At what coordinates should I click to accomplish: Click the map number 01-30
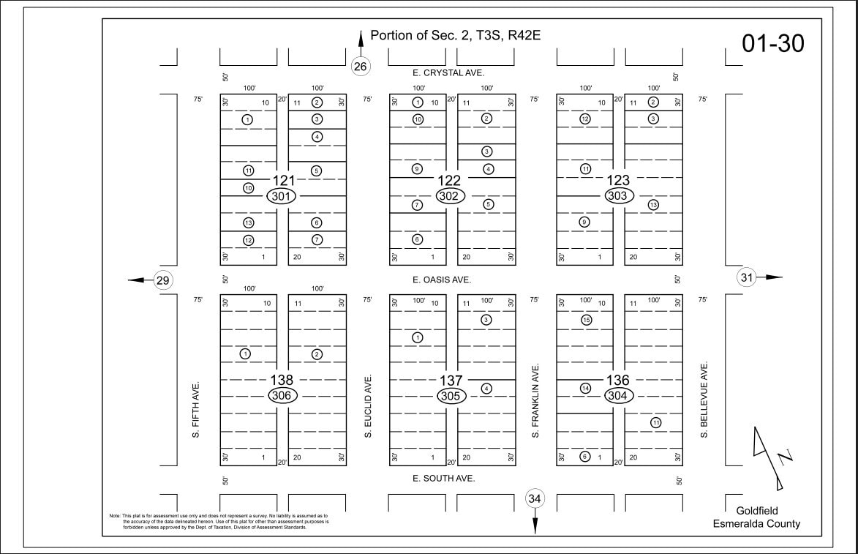(x=772, y=44)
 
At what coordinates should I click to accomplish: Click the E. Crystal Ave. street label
(x=448, y=73)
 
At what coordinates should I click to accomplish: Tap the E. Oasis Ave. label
(x=442, y=280)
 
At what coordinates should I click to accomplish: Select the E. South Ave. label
(x=444, y=478)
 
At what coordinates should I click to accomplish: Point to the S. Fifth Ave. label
(x=196, y=409)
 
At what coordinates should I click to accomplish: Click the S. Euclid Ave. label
(x=369, y=407)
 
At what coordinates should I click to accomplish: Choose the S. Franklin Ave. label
(x=536, y=401)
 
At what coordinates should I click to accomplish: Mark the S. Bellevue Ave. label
(x=704, y=399)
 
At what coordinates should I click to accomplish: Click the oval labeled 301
(x=282, y=196)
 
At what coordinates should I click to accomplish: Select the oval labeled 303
(x=618, y=196)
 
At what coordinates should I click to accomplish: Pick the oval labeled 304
(x=618, y=396)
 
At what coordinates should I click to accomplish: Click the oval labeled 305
(x=451, y=396)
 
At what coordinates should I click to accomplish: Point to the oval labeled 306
(x=282, y=396)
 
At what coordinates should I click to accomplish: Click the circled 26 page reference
(x=360, y=66)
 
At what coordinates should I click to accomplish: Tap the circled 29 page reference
(x=163, y=280)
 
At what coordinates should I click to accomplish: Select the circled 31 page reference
(x=747, y=277)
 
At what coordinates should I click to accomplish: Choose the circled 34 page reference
(x=535, y=499)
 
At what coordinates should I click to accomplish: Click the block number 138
(x=282, y=380)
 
